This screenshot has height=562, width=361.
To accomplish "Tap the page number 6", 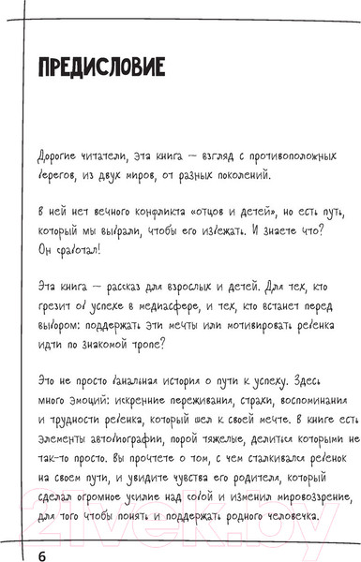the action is pos(41,531).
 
